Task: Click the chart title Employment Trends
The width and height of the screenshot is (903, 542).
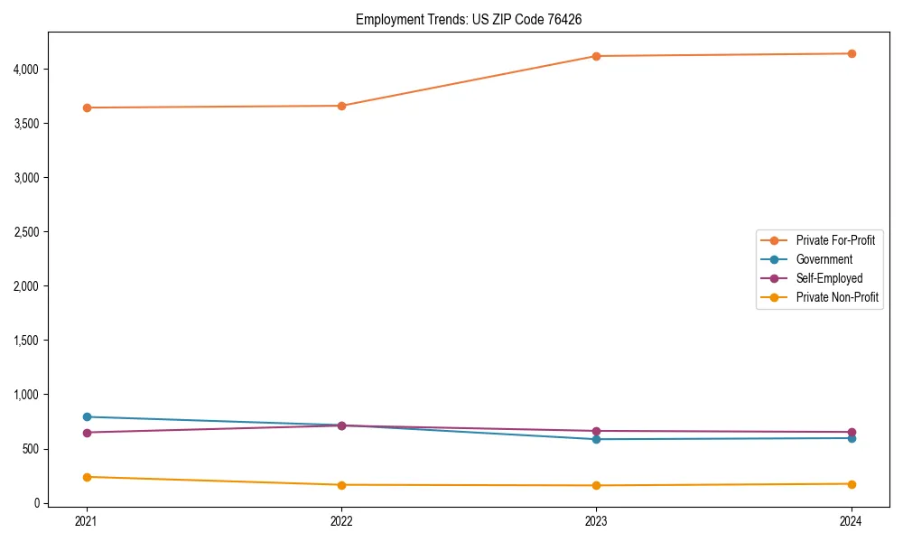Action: click(475, 19)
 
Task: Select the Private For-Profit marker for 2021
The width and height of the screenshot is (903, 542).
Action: click(87, 107)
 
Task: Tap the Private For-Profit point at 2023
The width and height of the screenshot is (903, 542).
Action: click(597, 56)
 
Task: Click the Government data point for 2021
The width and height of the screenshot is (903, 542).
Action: click(87, 416)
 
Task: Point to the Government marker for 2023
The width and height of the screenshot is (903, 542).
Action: click(597, 439)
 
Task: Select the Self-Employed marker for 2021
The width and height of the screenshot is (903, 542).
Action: click(87, 433)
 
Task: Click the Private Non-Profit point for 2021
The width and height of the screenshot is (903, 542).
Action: click(87, 477)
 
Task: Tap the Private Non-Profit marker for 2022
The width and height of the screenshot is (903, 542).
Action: click(341, 485)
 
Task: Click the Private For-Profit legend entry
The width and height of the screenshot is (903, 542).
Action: click(835, 240)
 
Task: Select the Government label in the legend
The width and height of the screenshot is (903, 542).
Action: click(824, 259)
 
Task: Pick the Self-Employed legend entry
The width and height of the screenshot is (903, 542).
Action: click(829, 278)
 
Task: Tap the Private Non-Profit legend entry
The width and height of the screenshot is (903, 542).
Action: click(837, 297)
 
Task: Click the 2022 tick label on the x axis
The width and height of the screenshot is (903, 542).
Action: click(341, 521)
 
